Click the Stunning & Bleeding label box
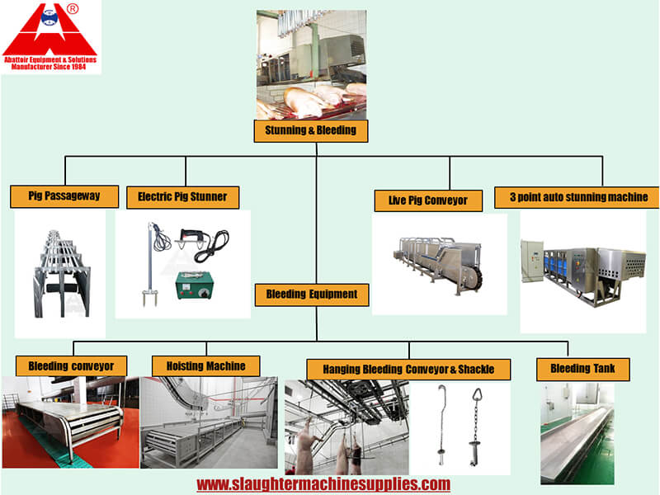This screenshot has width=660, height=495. coord(311,131)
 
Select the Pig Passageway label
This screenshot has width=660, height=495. coord(64,196)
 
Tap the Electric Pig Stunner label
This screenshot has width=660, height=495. coord(182,197)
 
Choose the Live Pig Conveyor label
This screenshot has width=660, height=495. coord(428,200)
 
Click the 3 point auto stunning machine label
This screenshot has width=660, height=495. coord(577,197)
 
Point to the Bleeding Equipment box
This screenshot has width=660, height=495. coord(312,295)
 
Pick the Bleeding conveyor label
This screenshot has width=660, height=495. coord(71,366)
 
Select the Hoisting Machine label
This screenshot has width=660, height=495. coord(205,366)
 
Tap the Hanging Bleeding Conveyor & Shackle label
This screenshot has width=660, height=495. coord(408,370)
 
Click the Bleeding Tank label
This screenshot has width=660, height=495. coord(583,369)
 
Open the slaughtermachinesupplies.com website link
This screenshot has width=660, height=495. coord(323,484)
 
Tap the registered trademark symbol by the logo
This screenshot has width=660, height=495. coord(73,9)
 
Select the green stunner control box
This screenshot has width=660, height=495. coord(195,285)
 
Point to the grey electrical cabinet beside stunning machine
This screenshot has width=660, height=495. coord(532,261)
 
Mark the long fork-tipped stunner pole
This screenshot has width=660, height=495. coord(150,264)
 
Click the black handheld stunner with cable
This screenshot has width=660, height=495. coord(202,244)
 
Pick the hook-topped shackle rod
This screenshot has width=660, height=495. coord(441,424)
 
